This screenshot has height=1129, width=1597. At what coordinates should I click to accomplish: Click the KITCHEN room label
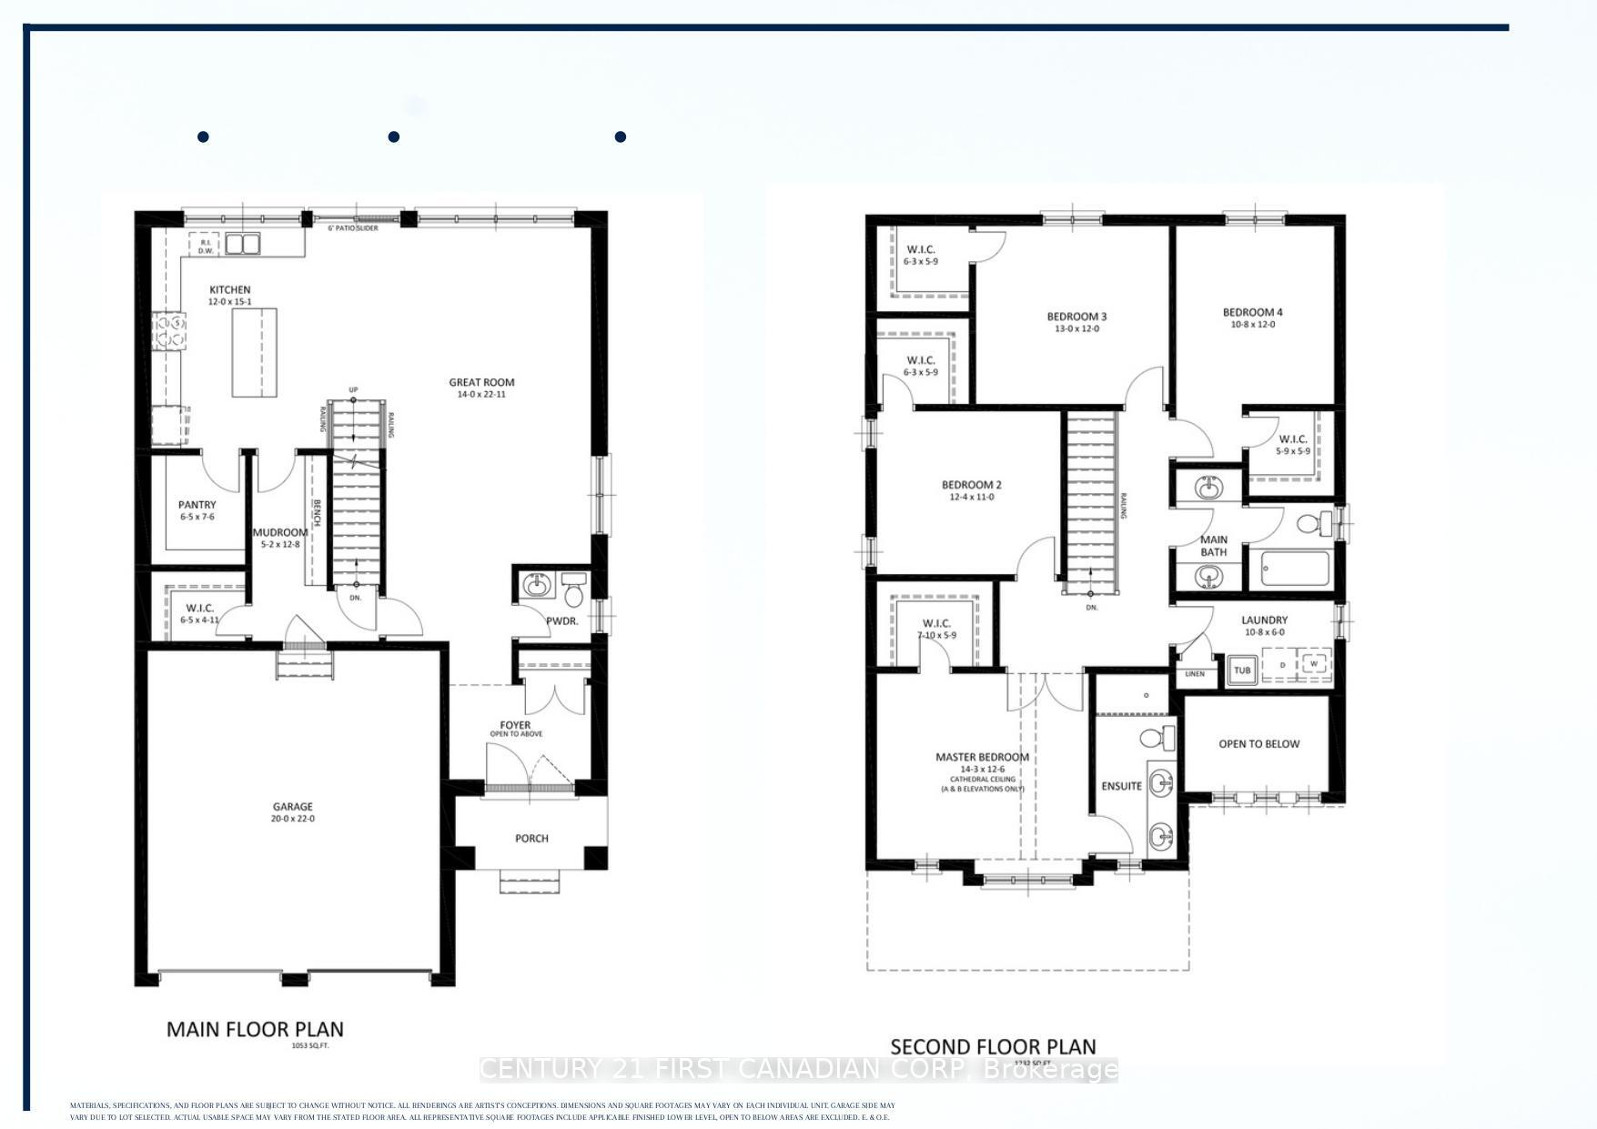coord(229,290)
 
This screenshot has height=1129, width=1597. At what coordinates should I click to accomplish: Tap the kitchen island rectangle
coord(254,352)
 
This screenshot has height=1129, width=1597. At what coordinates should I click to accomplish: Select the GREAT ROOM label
coord(481,383)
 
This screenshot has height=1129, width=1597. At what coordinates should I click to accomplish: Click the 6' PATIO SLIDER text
coord(353,228)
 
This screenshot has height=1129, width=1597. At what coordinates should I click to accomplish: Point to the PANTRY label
coord(197,505)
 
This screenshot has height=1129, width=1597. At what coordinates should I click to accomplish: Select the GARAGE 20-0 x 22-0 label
coord(293,811)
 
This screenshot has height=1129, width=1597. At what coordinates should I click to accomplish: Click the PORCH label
coord(531,838)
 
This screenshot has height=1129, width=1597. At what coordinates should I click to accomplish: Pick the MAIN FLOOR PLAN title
coord(255,1029)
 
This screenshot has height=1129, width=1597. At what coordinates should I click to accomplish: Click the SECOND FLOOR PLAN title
coord(993,1046)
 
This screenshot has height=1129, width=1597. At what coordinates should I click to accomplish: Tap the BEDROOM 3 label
coord(1076,318)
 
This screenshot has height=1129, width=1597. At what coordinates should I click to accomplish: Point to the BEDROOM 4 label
coord(1252,313)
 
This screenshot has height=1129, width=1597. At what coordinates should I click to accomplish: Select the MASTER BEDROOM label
coord(982,757)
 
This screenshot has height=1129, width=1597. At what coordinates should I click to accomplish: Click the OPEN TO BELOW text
coord(1258,744)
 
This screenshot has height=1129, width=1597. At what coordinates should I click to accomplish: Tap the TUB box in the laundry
coord(1241,670)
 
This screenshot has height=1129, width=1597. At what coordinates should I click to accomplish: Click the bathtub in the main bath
coord(1296,570)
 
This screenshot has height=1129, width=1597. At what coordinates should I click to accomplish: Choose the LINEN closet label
coord(1195,674)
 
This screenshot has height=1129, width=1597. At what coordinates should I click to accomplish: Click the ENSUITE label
coord(1121,786)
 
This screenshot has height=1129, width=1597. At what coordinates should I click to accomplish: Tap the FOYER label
coord(515,725)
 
